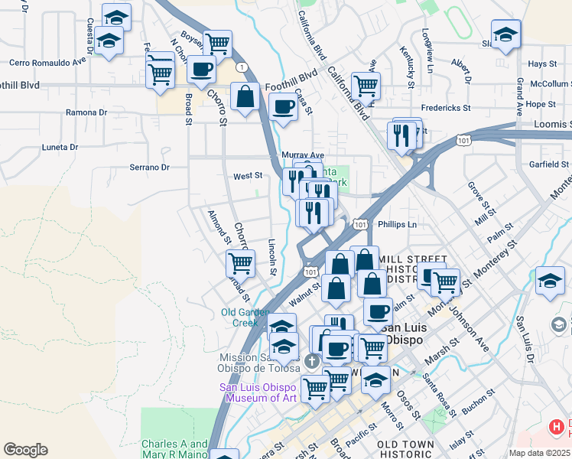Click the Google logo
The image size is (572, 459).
point(25,450)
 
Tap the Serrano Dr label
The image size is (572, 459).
point(148,167)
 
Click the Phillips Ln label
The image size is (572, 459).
point(401,225)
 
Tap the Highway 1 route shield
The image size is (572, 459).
point(242,67)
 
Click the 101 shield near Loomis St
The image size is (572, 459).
point(462,140)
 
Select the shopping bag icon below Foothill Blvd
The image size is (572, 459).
point(245,99)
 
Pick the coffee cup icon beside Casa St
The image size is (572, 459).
point(283,108)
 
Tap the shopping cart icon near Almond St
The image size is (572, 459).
point(240,263)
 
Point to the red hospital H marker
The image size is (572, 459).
point(559,427)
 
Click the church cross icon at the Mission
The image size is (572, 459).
point(311,360)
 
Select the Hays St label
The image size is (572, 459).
point(541,64)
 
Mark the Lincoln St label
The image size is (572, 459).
point(272,255)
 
